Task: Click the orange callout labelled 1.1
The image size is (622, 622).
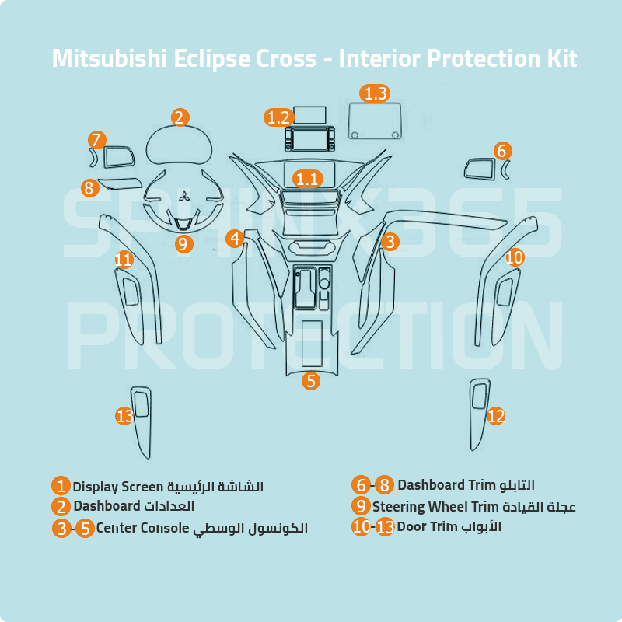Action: [307, 179]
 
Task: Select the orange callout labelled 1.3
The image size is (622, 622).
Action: [375, 93]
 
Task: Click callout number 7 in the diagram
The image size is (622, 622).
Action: [96, 141]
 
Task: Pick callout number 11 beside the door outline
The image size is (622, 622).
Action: [124, 259]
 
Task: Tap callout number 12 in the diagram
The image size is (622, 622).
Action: [496, 416]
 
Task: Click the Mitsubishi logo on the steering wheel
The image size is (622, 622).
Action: [184, 197]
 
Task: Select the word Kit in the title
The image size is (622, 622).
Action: [559, 59]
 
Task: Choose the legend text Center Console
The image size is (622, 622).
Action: [143, 529]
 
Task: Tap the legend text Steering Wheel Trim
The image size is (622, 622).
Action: [435, 507]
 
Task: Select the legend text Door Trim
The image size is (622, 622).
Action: [427, 526]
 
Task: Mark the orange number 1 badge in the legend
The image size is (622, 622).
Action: [61, 487]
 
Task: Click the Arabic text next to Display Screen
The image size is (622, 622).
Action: [216, 487]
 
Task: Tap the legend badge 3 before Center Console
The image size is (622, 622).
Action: [61, 529]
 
